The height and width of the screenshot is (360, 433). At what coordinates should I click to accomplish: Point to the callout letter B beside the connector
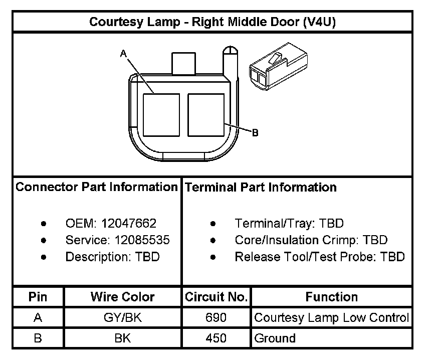(255, 133)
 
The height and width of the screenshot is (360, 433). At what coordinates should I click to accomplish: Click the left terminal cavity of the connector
(161, 115)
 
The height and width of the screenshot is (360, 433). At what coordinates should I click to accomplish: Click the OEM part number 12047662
(129, 224)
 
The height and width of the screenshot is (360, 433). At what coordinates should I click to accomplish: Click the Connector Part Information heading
(97, 188)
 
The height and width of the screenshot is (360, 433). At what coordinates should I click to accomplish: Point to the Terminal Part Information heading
(261, 188)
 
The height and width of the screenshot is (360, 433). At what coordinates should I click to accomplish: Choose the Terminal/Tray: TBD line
(289, 224)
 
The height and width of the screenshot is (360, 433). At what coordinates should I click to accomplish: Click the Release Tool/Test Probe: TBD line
(319, 257)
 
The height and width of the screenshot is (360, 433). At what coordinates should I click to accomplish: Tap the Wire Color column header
(122, 297)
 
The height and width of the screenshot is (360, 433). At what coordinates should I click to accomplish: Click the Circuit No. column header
(216, 297)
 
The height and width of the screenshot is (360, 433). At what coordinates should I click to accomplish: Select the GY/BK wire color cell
(122, 318)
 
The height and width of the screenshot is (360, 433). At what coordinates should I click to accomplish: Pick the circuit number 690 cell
(216, 318)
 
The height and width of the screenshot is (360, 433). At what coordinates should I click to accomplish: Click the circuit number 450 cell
(216, 338)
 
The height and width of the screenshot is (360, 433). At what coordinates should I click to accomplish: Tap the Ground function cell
(275, 338)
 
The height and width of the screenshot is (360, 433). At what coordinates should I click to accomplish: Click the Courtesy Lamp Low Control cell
(332, 318)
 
